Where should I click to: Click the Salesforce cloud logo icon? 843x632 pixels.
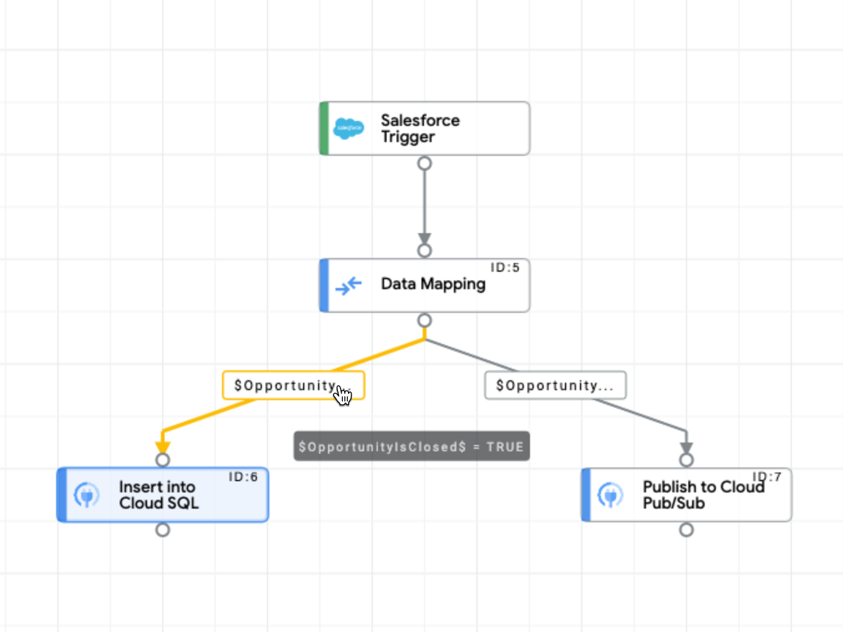pos(349,128)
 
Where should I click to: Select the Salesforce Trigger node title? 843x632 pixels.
pos(420,128)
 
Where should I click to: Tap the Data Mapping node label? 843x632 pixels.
pos(433,284)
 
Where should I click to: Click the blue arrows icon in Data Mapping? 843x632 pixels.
pos(348,285)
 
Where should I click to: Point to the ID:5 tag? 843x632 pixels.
pos(504,267)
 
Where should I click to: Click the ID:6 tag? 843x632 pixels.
pos(243,477)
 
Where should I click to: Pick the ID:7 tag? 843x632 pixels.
pos(767,477)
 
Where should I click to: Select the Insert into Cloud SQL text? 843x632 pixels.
pos(158,495)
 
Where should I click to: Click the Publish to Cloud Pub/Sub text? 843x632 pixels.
pos(703,495)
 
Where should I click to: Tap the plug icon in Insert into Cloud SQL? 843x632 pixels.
pos(87,495)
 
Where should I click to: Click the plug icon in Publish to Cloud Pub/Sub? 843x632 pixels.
pos(610,495)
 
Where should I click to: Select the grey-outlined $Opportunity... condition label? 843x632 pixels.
pos(555,386)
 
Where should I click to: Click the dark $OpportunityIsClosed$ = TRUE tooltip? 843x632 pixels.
pos(412,446)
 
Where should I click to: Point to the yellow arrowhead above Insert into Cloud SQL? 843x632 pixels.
pos(163,446)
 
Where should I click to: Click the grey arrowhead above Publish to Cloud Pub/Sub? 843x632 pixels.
pos(686,447)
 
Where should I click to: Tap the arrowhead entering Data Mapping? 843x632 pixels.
pos(425,238)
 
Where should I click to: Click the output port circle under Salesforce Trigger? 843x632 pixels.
pos(425,163)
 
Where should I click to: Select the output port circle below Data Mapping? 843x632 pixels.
pos(425,320)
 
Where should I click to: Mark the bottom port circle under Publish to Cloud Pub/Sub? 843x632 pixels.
pos(686,530)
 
